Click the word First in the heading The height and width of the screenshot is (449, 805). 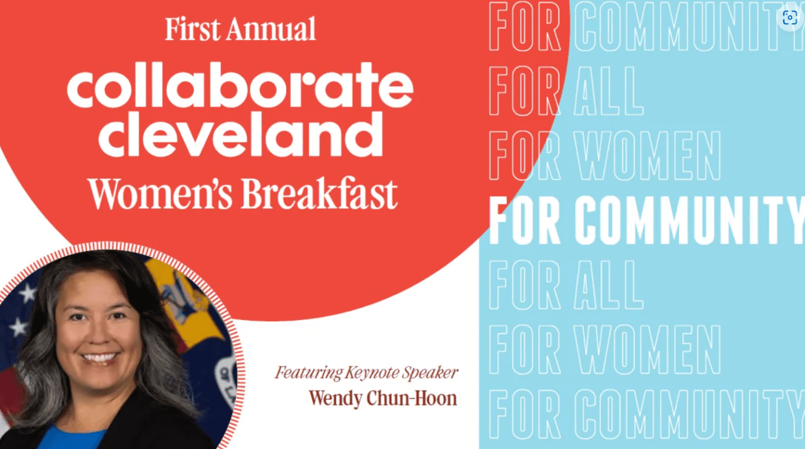pyautogui.click(x=192, y=29)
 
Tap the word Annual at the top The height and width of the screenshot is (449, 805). pyautogui.click(x=272, y=29)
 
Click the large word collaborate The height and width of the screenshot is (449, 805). pyautogui.click(x=240, y=85)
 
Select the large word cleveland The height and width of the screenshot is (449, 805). pyautogui.click(x=241, y=134)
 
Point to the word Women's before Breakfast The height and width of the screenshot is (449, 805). pyautogui.click(x=160, y=193)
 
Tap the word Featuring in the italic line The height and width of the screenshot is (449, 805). pyautogui.click(x=308, y=373)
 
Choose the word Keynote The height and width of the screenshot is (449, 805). pyautogui.click(x=372, y=373)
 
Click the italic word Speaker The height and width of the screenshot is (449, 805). pyautogui.click(x=430, y=373)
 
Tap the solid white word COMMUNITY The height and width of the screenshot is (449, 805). pyautogui.click(x=690, y=220)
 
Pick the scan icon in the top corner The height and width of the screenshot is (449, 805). pyautogui.click(x=790, y=17)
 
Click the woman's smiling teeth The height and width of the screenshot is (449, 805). pyautogui.click(x=100, y=357)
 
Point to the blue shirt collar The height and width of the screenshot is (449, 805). pyautogui.click(x=72, y=437)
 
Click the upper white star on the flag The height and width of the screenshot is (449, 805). pyautogui.click(x=28, y=293)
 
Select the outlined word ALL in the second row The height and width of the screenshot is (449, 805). pyautogui.click(x=609, y=90)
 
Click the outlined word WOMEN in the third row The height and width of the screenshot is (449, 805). pyautogui.click(x=648, y=155)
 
